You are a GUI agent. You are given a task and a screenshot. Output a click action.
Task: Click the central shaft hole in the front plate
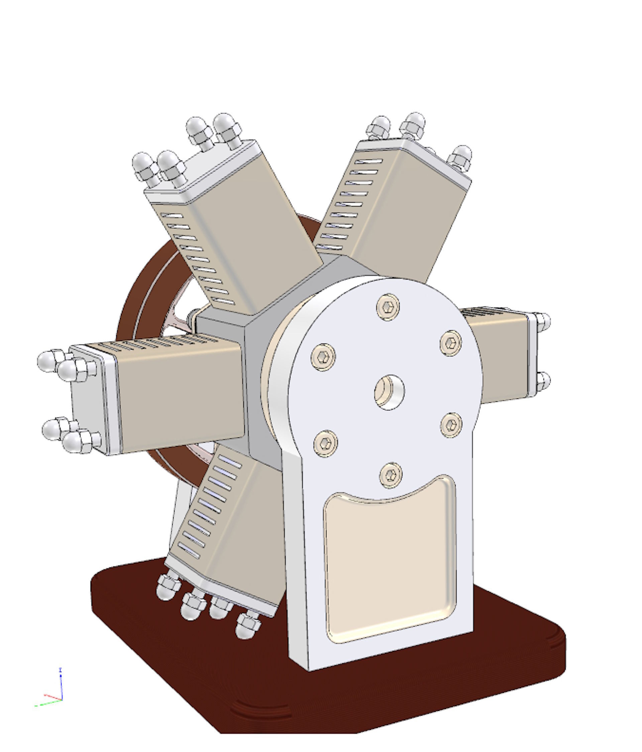tap(389, 392)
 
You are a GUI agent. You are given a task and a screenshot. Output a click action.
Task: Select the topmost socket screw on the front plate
tap(388, 307)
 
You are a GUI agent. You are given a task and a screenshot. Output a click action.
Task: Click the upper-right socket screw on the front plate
tap(451, 343)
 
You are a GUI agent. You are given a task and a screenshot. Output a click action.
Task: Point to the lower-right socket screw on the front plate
tap(451, 425)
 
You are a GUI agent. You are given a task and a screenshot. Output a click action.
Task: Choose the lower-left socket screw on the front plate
tap(325, 443)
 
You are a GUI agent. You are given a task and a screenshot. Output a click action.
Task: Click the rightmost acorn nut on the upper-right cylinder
tap(460, 157)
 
